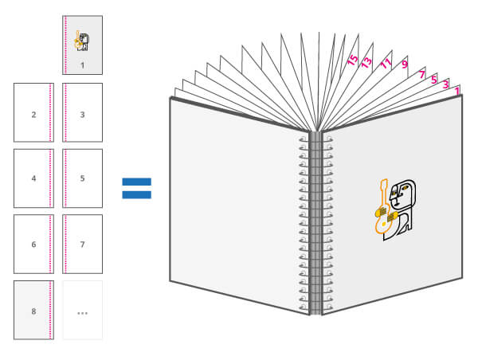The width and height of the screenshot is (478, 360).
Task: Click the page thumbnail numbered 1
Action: [82, 45]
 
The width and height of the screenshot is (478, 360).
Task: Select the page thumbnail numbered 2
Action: [33, 112]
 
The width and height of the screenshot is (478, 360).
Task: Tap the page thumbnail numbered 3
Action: [83, 112]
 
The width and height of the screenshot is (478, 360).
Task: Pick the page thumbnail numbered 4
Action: [33, 178]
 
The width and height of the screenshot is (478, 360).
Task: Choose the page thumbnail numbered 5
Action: [83, 178]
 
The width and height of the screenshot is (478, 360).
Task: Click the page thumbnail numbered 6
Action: [33, 244]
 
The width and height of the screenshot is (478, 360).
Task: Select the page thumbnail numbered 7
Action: [83, 244]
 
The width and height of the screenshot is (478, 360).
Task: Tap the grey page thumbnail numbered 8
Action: [33, 310]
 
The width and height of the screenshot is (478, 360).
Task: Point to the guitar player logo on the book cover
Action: [395, 205]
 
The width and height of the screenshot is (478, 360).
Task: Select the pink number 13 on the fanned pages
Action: [366, 61]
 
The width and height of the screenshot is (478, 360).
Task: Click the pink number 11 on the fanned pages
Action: [387, 64]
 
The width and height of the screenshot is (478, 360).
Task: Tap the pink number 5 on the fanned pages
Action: [434, 79]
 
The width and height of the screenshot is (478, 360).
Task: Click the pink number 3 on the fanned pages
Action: [446, 84]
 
